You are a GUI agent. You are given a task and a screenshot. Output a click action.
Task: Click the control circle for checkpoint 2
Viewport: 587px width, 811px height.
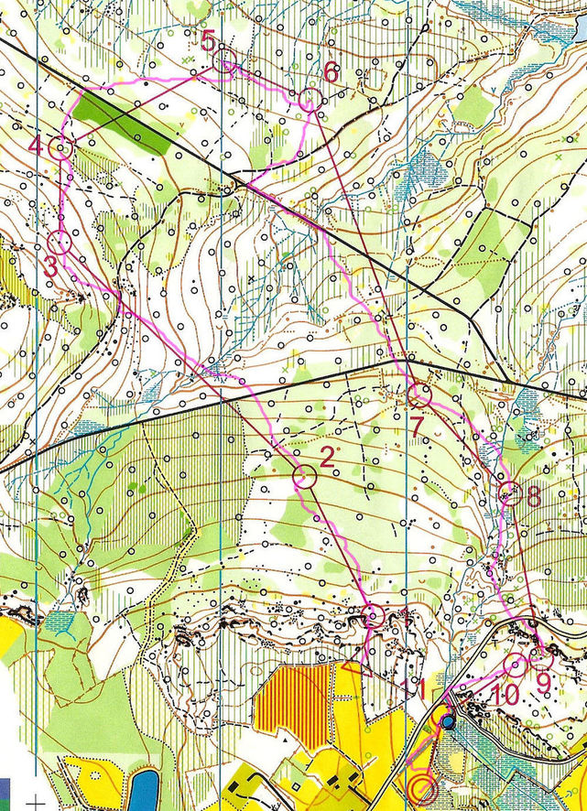click(304, 476)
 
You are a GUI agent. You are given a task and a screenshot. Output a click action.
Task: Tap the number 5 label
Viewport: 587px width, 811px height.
click(208, 39)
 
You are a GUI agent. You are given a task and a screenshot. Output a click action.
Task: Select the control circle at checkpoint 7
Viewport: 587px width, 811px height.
click(419, 395)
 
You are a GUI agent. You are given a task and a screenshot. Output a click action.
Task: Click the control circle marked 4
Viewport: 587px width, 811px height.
click(61, 148)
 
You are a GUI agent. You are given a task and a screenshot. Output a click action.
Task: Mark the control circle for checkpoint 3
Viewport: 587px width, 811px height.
click(60, 243)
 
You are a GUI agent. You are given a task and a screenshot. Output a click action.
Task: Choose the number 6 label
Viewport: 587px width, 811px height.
click(331, 70)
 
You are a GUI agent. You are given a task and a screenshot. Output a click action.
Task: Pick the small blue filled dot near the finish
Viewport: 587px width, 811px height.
click(447, 723)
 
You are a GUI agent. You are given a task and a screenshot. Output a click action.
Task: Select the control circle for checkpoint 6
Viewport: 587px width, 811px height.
click(309, 101)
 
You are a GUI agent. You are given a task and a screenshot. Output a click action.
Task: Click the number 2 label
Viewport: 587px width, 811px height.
click(327, 454)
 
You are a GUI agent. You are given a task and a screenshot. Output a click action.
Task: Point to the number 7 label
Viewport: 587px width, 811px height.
click(415, 426)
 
